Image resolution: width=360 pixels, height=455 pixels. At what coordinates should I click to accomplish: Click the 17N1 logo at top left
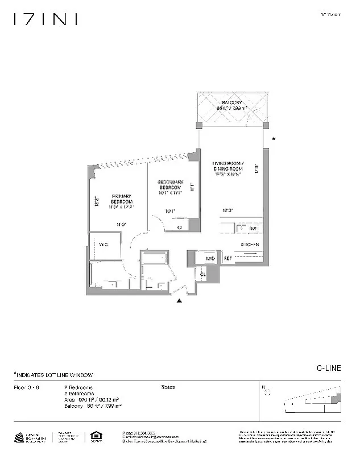click(x=45, y=19)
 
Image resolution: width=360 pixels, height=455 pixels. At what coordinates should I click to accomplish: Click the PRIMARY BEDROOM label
click(x=121, y=202)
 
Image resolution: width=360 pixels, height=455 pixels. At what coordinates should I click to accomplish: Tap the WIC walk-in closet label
click(x=104, y=245)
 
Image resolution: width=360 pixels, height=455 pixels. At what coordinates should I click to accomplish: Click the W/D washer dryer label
click(x=209, y=259)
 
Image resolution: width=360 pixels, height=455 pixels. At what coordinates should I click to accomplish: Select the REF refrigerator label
click(x=226, y=259)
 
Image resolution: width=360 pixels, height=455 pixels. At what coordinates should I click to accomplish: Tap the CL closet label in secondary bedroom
click(x=180, y=227)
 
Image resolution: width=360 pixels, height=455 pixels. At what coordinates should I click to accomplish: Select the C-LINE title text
click(x=328, y=368)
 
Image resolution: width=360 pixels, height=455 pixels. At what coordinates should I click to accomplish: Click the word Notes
click(x=168, y=387)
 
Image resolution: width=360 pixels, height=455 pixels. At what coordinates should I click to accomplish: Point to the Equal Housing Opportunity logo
click(x=94, y=437)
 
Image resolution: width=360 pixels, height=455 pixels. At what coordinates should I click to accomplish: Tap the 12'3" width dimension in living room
click(x=227, y=211)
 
